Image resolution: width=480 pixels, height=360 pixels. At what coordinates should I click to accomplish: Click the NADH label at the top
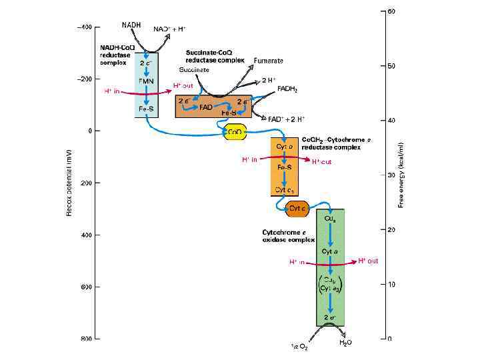click(131, 25)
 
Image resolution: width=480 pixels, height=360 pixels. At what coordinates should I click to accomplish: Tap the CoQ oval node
click(235, 132)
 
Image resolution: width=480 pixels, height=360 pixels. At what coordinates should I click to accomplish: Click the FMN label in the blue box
click(147, 81)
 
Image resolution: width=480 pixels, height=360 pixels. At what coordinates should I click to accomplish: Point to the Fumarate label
click(269, 61)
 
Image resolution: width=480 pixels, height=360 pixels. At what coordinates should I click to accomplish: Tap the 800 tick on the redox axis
click(86, 339)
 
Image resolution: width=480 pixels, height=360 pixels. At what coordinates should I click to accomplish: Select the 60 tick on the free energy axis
click(391, 11)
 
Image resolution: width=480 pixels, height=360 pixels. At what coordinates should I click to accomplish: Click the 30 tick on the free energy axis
click(391, 175)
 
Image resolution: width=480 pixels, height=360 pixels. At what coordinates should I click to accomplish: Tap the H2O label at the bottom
click(346, 343)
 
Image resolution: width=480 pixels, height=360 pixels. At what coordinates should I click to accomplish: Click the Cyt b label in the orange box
click(283, 145)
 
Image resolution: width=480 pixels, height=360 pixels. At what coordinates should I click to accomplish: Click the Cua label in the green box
click(329, 218)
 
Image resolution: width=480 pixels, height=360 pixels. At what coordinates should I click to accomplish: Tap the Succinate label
click(194, 69)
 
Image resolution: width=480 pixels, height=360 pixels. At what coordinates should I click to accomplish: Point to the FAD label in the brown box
click(205, 107)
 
